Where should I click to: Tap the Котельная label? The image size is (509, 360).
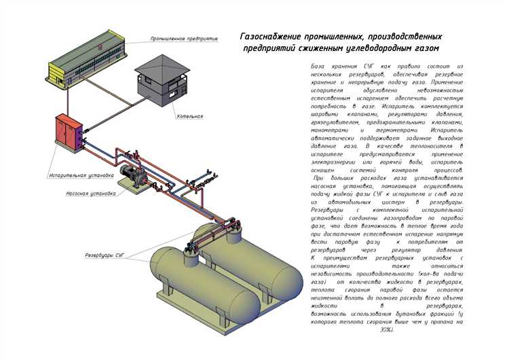pos(188,116)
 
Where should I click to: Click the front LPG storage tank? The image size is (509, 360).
pos(204,285)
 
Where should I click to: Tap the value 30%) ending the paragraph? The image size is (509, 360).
pos(388,329)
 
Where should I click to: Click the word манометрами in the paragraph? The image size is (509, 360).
pos(333,130)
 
